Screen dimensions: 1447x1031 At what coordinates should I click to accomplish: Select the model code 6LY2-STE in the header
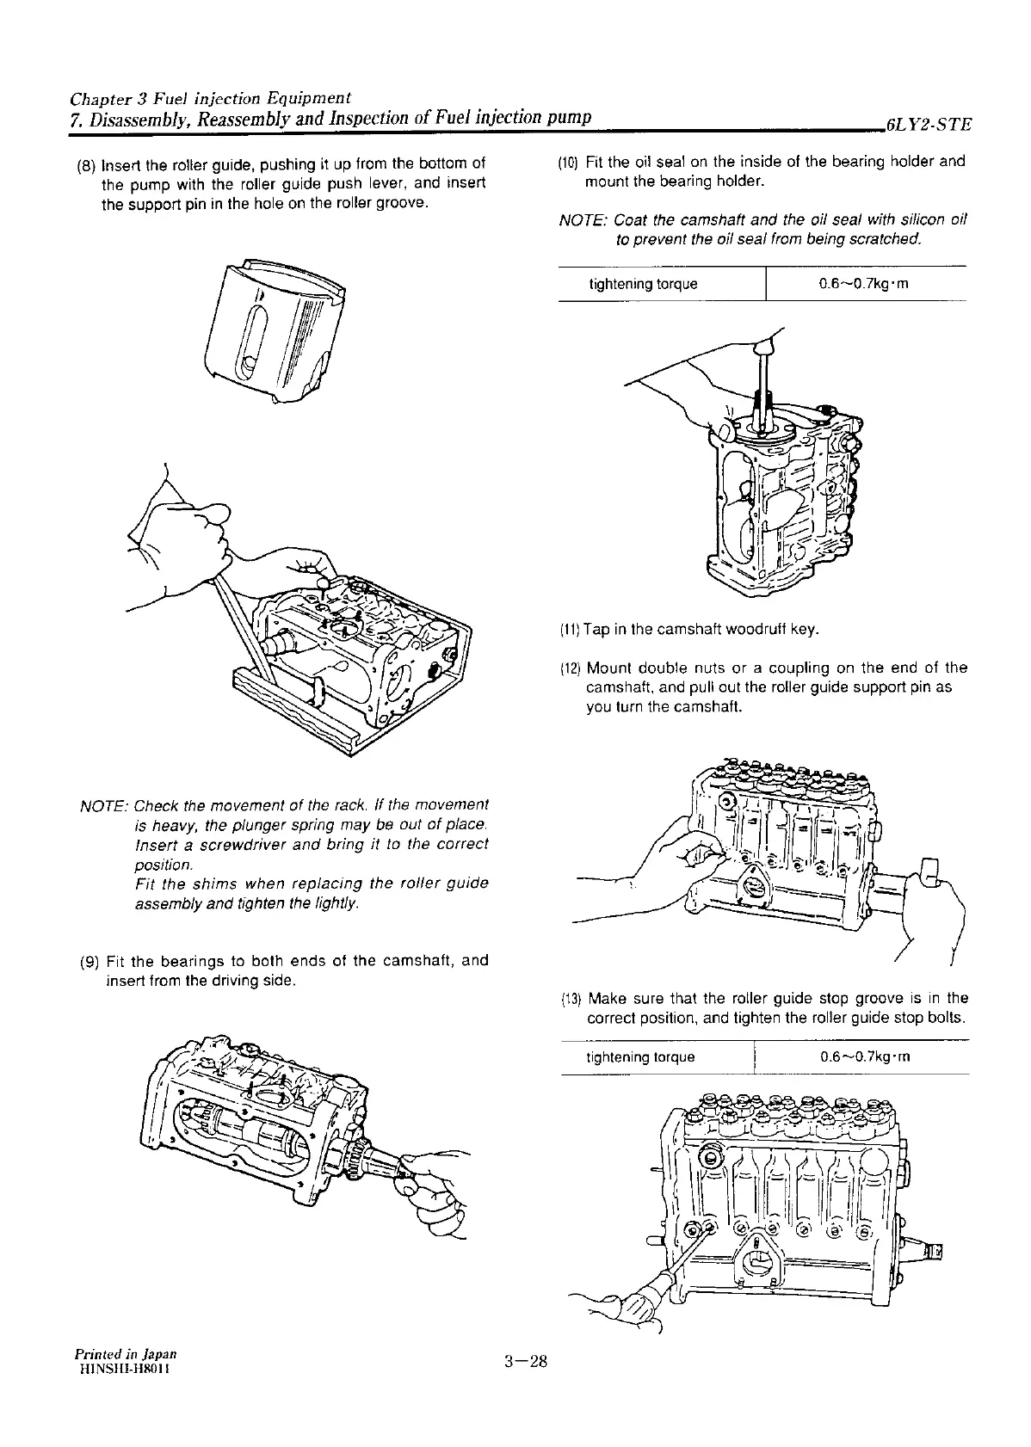pos(927,124)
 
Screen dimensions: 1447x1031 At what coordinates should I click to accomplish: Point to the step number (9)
pos(88,961)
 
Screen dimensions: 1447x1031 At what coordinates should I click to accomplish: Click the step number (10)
pos(569,162)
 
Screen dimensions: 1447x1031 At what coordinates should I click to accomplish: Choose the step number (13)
pos(571,1000)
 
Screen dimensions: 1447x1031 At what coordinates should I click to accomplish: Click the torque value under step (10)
pos(866,285)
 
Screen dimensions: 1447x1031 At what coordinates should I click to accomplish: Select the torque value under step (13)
pos(866,1057)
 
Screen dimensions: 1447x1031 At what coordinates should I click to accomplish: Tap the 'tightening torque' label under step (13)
pos(640,1057)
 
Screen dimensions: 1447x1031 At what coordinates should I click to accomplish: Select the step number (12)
pos(571,668)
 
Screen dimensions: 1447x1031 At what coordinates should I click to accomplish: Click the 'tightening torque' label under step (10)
pos(643,285)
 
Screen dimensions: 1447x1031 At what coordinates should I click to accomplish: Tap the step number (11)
pos(569,631)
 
